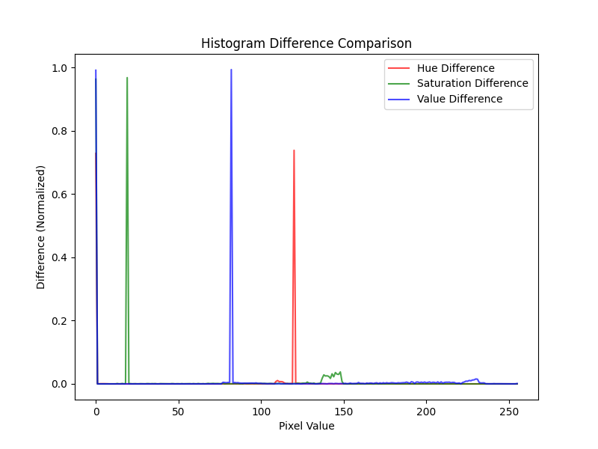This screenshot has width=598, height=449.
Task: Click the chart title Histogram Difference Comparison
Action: tap(306, 43)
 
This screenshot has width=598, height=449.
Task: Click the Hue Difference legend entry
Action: tap(455, 69)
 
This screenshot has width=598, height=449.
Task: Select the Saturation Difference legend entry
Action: tap(472, 84)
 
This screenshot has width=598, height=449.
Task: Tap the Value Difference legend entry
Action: tap(459, 99)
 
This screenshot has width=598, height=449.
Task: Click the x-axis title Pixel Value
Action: tap(306, 426)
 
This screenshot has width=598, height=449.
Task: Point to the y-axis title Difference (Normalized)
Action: tap(41, 227)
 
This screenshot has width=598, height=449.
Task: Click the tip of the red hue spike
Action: tap(294, 150)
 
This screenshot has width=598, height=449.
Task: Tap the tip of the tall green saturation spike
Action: tap(127, 78)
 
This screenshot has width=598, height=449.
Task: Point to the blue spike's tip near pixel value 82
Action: tap(231, 70)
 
